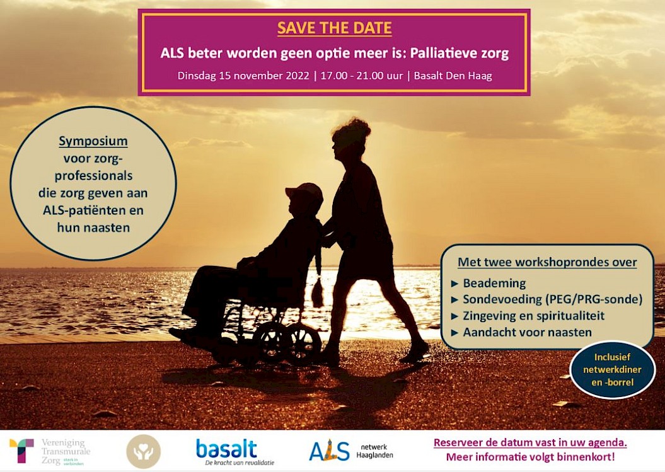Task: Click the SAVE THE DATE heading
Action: (334, 28)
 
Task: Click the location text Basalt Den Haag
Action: (453, 76)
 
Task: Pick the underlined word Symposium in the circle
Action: (93, 141)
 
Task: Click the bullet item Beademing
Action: (494, 283)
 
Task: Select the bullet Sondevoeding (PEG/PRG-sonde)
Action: (552, 299)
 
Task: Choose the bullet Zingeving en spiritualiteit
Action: (533, 316)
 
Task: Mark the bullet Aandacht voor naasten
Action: (527, 332)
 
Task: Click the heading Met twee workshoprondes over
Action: (547, 262)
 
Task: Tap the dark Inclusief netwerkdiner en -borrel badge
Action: (612, 370)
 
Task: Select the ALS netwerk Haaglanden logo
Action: (351, 451)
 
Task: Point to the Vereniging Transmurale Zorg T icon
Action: (21, 451)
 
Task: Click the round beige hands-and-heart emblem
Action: (143, 451)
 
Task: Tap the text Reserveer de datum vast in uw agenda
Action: (530, 443)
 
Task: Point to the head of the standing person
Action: (350, 138)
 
